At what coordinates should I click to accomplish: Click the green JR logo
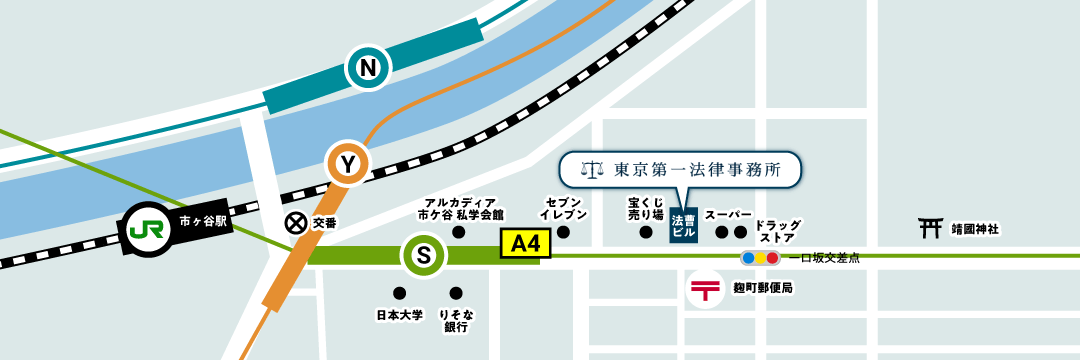click(x=147, y=229)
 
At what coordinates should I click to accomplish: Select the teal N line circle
click(x=368, y=68)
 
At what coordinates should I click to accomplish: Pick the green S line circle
click(x=424, y=256)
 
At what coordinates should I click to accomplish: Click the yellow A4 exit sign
click(x=525, y=244)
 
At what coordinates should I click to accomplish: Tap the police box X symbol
click(x=295, y=223)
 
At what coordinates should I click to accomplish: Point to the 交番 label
click(x=324, y=223)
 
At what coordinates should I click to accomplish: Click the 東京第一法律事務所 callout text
click(x=697, y=170)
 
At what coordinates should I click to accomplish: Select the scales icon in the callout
click(x=594, y=170)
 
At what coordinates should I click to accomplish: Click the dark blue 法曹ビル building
click(x=683, y=225)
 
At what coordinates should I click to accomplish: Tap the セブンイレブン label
click(x=563, y=208)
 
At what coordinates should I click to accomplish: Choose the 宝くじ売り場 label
click(x=646, y=208)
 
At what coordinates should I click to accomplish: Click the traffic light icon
click(x=759, y=258)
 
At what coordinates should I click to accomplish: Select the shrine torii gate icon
click(x=930, y=228)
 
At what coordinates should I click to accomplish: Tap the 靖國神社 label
click(x=975, y=229)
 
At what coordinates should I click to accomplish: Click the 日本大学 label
click(x=399, y=315)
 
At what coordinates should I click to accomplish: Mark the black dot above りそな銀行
click(x=456, y=293)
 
